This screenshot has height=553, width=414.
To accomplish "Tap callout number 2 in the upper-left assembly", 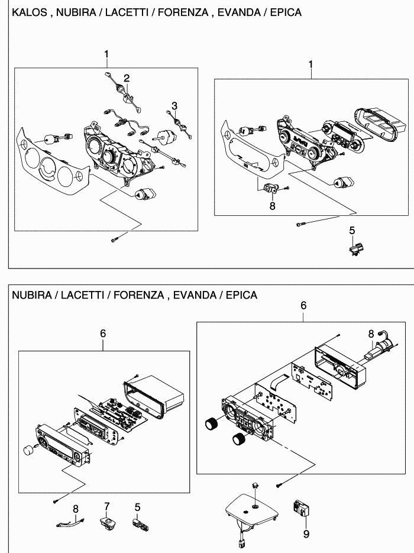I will click(127, 78).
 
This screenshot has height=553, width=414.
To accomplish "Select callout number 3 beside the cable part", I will click(174, 106).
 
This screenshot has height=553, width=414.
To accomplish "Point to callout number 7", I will click(107, 506).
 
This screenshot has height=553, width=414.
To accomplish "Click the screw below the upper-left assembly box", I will click(115, 239).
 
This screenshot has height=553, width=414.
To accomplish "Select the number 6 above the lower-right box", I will click(303, 306).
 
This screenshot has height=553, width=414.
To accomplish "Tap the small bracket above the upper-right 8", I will click(271, 189).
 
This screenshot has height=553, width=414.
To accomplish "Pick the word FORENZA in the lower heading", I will click(139, 295).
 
